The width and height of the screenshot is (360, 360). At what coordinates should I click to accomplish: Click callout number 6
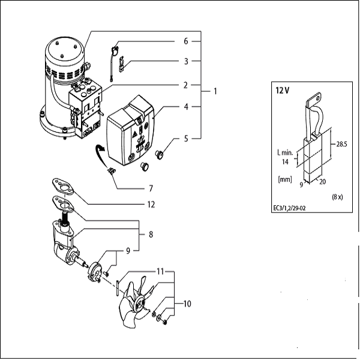186,41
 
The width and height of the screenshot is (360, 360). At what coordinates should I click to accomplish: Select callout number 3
186,61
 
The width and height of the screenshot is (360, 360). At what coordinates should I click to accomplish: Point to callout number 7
151,188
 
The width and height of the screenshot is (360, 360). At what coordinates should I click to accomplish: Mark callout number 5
186,139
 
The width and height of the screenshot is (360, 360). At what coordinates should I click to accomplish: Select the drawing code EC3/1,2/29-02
293,209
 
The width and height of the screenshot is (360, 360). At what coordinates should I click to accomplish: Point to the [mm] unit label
286,179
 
